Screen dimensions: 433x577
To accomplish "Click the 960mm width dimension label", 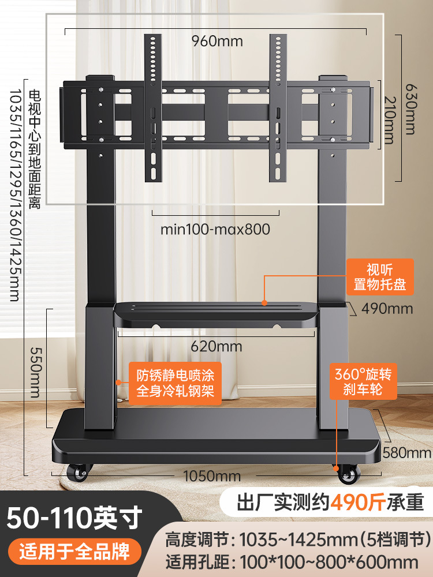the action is [217, 41].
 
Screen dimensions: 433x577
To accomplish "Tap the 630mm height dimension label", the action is [411, 109].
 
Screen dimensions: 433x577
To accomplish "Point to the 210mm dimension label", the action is [390, 120].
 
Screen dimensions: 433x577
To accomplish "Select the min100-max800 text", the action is [215, 229].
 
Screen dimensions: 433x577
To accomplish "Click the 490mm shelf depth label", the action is [387, 308].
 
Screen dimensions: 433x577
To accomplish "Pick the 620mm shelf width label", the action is [216, 346].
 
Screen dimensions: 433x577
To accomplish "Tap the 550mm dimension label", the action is [36, 372].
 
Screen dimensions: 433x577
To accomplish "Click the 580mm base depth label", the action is [407, 452].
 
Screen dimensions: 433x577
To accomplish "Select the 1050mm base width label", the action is [212, 476].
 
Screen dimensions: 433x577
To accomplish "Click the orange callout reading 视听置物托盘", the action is [380, 277].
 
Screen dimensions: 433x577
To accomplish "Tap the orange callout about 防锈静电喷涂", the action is [176, 383].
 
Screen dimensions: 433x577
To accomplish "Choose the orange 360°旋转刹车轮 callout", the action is [363, 381].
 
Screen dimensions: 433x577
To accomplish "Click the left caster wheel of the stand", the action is [79, 472].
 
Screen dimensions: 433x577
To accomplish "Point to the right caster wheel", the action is [348, 474].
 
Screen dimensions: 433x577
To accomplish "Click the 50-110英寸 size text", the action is [74, 518].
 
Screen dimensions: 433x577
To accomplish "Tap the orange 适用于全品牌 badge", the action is [74, 552].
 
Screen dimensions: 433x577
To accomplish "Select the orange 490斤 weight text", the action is [358, 503].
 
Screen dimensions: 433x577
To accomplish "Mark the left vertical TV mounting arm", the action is [153, 108].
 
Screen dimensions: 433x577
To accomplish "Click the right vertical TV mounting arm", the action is [278, 108].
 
